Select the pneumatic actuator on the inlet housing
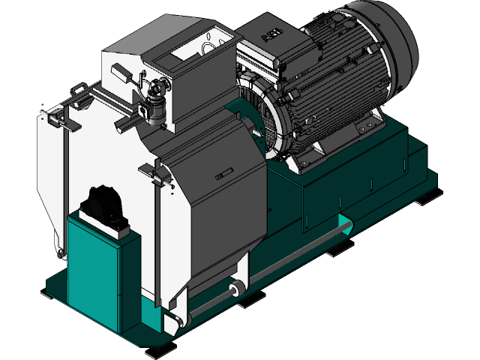pos(155,101)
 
